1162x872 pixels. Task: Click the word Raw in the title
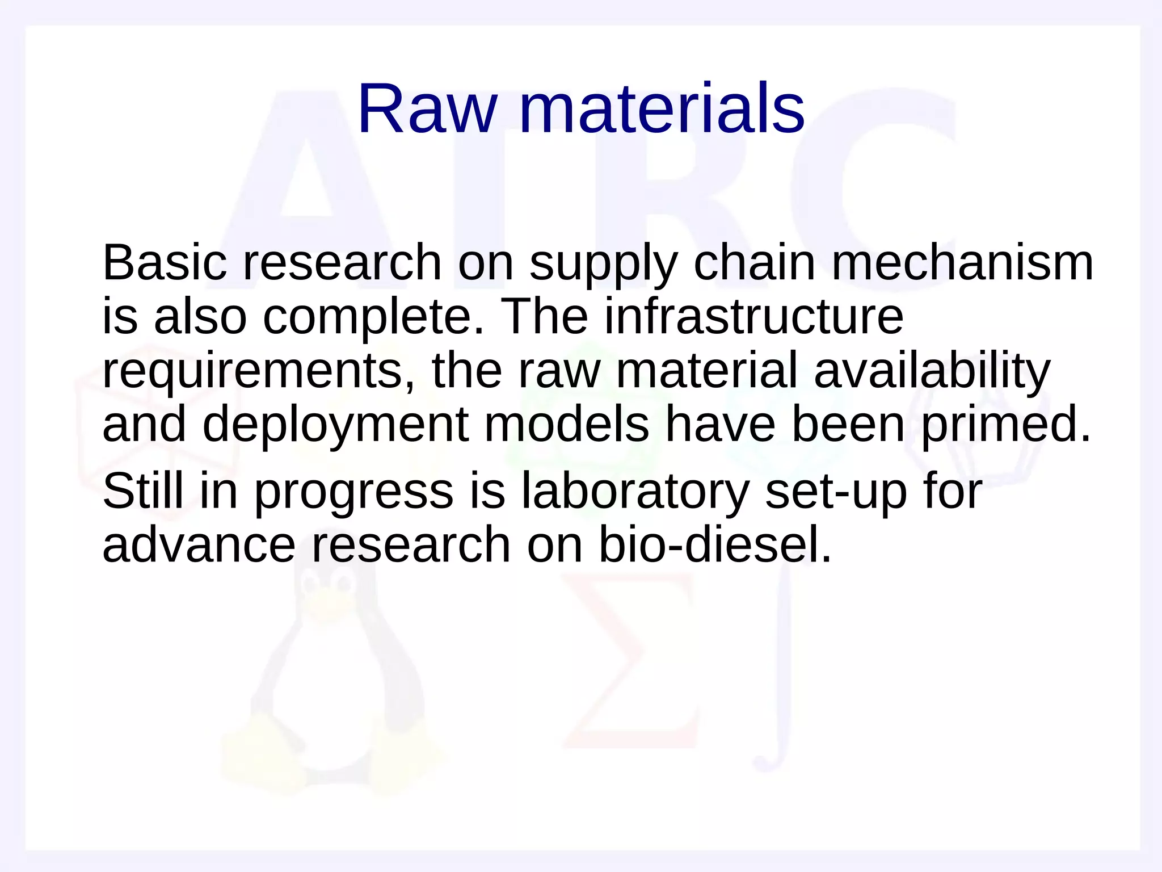coord(427,108)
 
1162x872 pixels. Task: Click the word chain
coord(754,263)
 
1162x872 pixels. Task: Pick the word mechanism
coord(962,263)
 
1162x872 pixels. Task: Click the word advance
coord(199,545)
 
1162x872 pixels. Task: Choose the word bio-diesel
coord(714,545)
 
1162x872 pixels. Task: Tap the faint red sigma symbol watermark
coord(630,659)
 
